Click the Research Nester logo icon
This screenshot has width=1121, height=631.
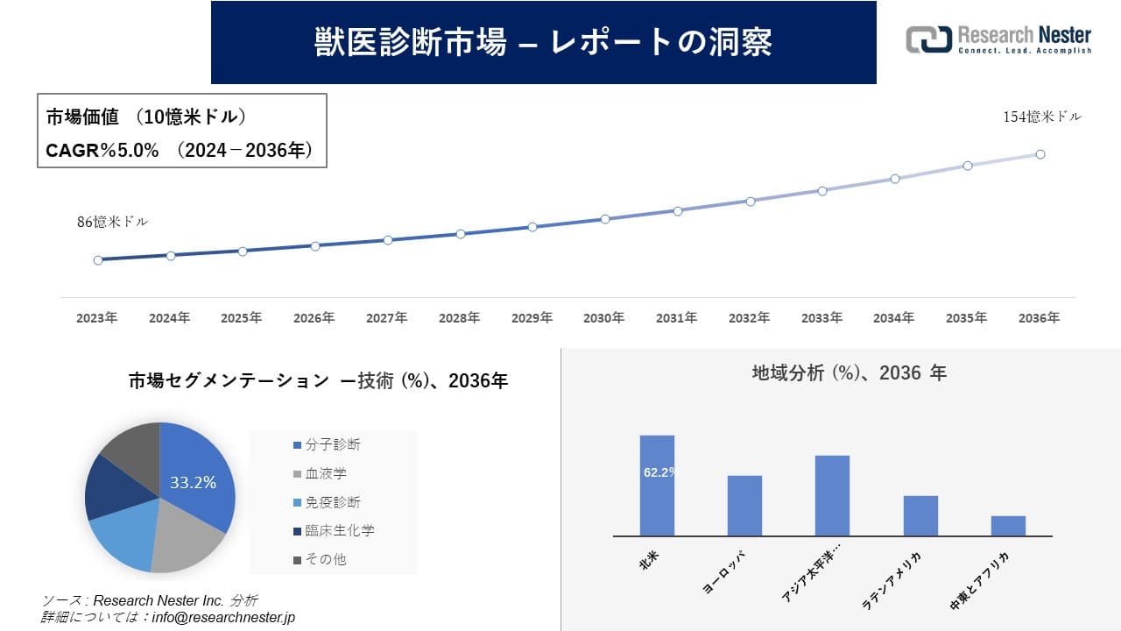[x=928, y=39]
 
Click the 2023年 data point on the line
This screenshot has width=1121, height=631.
[x=98, y=259]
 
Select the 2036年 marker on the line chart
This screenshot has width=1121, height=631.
[x=1040, y=154]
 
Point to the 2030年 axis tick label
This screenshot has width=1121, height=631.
[x=603, y=318]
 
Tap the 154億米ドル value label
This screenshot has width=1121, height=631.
[x=1042, y=117]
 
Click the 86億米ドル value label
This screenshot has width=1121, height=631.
[x=112, y=222]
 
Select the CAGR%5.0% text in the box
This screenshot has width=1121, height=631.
[x=102, y=150]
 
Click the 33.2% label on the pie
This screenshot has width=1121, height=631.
[x=193, y=482]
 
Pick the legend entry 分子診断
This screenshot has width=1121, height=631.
[x=332, y=444]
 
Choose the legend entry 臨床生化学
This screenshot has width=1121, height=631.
[x=339, y=530]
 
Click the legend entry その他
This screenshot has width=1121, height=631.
[x=325, y=558]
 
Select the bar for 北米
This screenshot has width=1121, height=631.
[x=657, y=486]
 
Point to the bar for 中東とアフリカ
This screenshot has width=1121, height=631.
[x=1008, y=526]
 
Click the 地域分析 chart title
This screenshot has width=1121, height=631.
[x=849, y=372]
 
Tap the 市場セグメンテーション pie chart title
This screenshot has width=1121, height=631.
[x=318, y=381]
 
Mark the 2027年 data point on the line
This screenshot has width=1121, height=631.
[x=387, y=240]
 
